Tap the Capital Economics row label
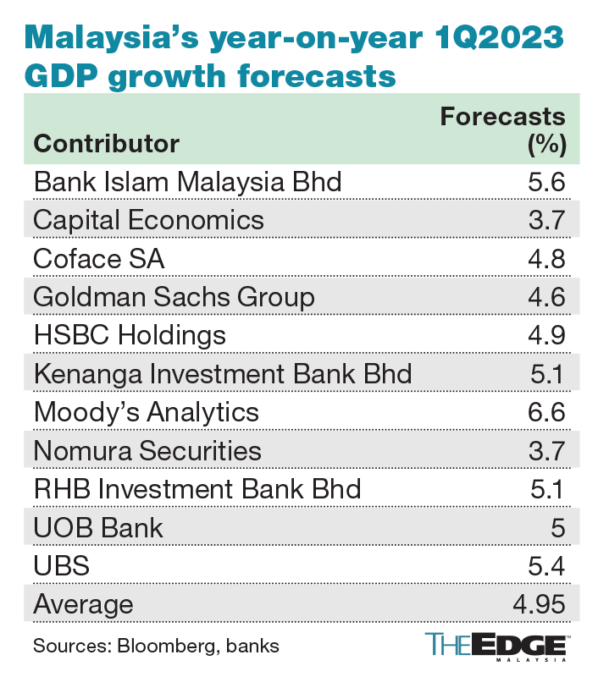coord(148,220)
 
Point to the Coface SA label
coord(98,258)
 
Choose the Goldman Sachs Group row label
coord(174,297)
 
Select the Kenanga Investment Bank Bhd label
coord(222,373)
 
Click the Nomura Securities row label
coord(147,450)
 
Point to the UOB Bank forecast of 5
coord(556,527)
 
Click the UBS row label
coord(60,566)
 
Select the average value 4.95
coord(538,604)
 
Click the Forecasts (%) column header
coord(502,129)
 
